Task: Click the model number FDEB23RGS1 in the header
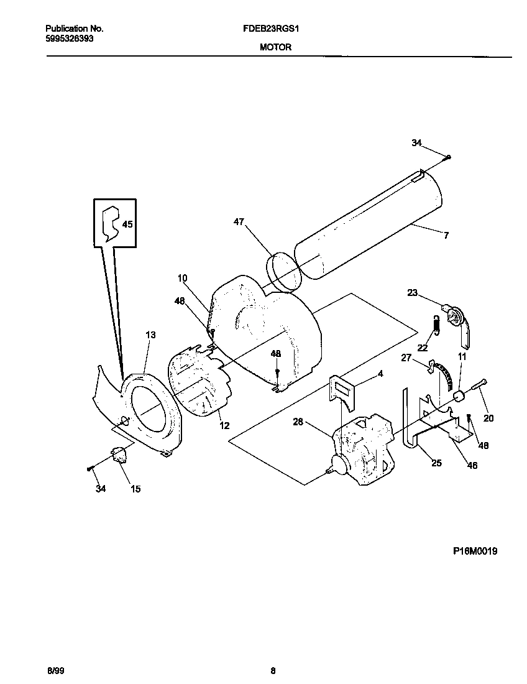click(x=274, y=29)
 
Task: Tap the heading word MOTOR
click(x=274, y=47)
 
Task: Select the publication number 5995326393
click(x=71, y=38)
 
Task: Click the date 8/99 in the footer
click(x=55, y=670)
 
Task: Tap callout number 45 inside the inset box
click(x=127, y=224)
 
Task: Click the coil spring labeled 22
click(x=437, y=324)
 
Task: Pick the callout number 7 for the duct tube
click(x=446, y=235)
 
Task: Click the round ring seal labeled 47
click(x=283, y=272)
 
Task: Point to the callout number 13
click(x=150, y=335)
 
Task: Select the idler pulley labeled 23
click(x=456, y=317)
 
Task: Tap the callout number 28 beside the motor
click(x=298, y=422)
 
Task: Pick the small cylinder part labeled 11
click(x=460, y=396)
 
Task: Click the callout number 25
click(x=436, y=463)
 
